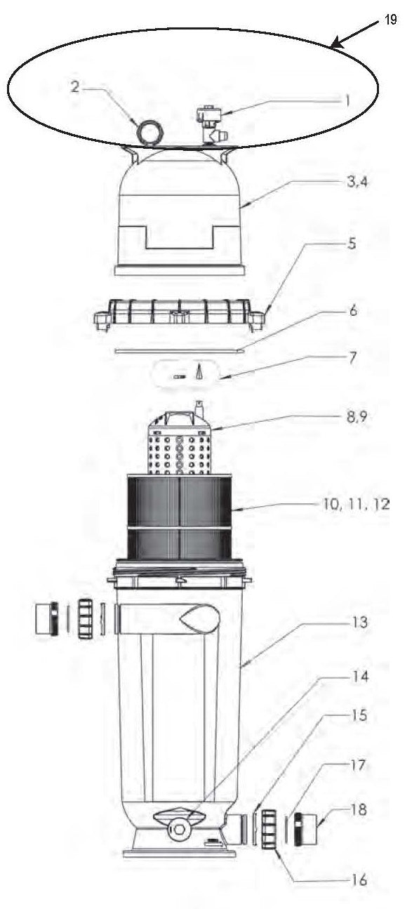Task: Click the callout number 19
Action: (x=391, y=20)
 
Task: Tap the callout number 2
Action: (x=74, y=86)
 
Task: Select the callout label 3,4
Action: (x=357, y=182)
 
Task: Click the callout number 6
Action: (x=353, y=311)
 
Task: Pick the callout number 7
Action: (x=352, y=357)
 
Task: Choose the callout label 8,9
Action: (x=357, y=416)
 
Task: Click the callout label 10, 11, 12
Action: (x=356, y=504)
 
